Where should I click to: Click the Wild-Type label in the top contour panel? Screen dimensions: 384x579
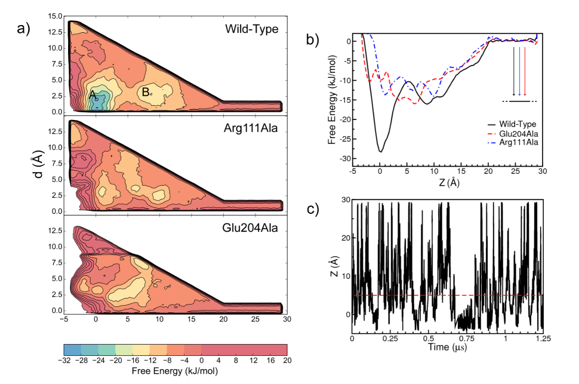pos(251,29)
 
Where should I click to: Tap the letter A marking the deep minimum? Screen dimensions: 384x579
pos(93,95)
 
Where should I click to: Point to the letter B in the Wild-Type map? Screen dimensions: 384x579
pos(144,93)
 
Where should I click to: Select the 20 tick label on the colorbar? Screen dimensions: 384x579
pos(287,361)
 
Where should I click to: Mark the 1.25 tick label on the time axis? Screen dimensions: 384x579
pos(543,338)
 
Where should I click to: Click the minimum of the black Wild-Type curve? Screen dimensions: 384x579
pos(380,151)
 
